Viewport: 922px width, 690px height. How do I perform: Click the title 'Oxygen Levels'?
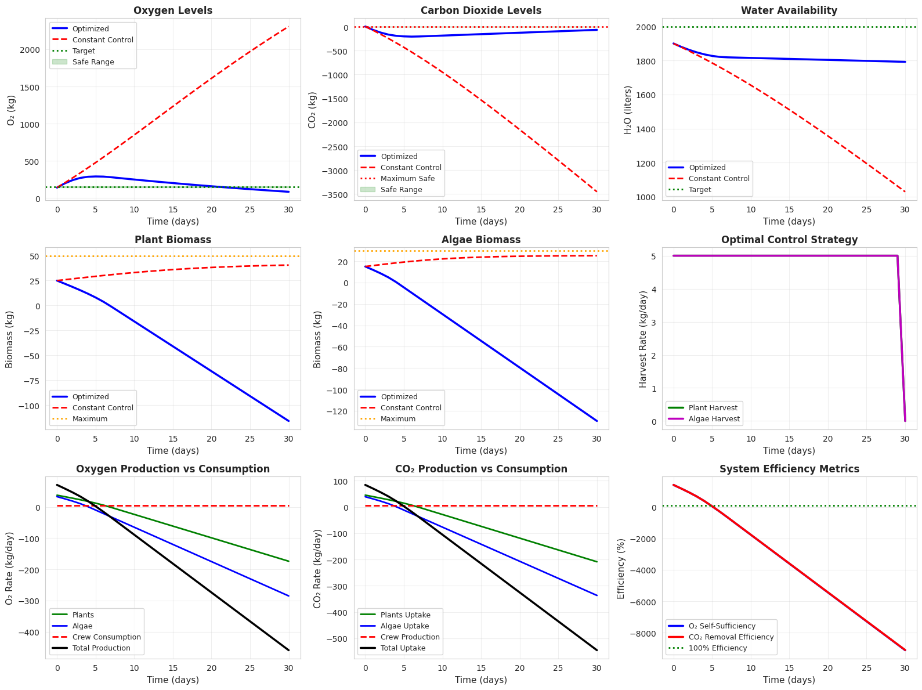pos(173,10)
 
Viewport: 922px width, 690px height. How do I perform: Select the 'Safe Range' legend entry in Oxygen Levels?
pos(93,62)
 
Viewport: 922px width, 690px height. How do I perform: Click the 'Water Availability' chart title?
pos(789,10)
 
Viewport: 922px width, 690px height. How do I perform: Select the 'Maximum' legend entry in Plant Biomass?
pos(89,419)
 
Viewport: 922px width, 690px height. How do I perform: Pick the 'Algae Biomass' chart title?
pos(480,240)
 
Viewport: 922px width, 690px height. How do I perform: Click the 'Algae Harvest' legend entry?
pos(714,419)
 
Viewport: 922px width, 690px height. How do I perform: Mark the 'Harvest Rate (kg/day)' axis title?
pos(643,339)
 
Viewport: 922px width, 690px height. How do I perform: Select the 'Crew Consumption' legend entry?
pos(106,637)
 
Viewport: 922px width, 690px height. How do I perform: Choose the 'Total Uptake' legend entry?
pos(403,648)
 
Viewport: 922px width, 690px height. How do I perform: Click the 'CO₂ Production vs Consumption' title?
pos(480,469)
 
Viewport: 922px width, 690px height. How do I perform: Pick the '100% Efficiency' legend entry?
pos(717,648)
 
